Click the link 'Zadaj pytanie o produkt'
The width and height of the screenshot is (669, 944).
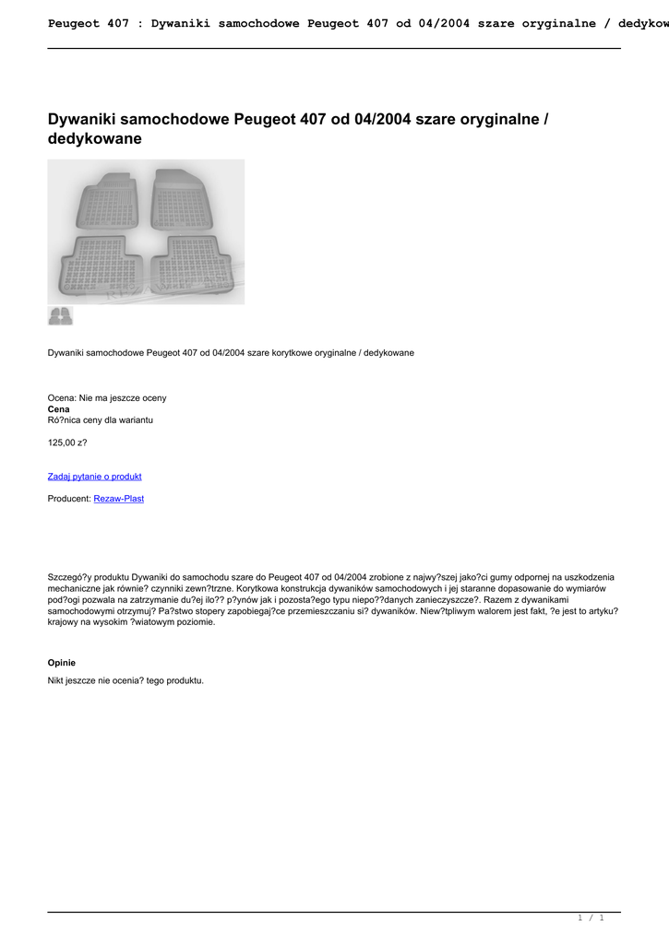click(x=94, y=477)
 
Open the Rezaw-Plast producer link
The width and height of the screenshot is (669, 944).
click(x=118, y=499)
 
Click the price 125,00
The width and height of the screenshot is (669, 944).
click(x=66, y=442)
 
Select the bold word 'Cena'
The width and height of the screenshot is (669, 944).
click(x=58, y=408)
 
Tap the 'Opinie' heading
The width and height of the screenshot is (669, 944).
click(x=61, y=663)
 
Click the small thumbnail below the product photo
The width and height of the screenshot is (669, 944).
click(x=60, y=316)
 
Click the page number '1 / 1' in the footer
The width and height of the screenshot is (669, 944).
click(x=591, y=918)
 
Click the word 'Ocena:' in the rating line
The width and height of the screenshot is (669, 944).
click(x=62, y=397)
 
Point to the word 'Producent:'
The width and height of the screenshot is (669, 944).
click(x=69, y=499)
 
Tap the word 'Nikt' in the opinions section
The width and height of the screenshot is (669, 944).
click(x=56, y=680)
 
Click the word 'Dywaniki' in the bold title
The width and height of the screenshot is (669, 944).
click(x=85, y=119)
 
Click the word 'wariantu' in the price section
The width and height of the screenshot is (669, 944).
click(x=135, y=419)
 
